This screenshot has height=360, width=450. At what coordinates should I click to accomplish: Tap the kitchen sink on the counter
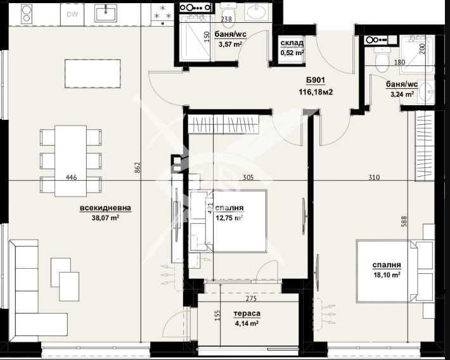tap(105, 13)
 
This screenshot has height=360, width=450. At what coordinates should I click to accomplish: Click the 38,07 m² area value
tap(105, 220)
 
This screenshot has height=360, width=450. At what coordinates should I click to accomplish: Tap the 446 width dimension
tap(71, 178)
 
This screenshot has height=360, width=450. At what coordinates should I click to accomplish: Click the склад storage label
tap(292, 44)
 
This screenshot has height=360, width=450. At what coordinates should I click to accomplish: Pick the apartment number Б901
tap(314, 81)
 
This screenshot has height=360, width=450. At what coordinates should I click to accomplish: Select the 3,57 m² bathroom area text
tap(230, 44)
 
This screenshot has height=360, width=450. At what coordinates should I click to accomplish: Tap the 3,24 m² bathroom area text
tap(401, 94)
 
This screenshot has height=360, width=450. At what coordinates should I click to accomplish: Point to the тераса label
tap(247, 313)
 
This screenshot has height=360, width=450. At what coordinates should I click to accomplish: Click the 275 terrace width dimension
tap(252, 299)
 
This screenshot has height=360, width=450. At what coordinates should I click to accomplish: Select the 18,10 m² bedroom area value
tap(387, 274)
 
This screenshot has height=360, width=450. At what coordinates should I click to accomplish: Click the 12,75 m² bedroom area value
tap(229, 218)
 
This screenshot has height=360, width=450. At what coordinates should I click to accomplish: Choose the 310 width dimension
tap(373, 178)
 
